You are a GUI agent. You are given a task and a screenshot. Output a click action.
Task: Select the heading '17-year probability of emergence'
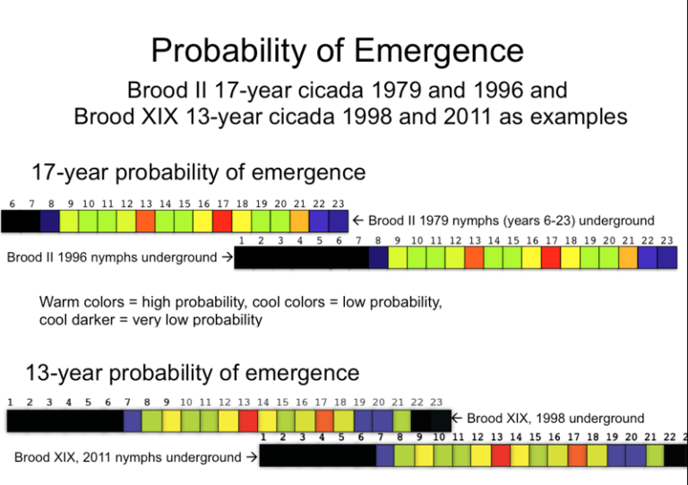(x=199, y=171)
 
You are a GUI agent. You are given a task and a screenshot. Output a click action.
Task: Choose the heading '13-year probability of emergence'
(x=193, y=372)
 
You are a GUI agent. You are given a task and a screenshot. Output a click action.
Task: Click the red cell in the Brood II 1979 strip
(x=222, y=221)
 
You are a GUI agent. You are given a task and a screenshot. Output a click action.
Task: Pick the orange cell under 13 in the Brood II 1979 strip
(x=145, y=221)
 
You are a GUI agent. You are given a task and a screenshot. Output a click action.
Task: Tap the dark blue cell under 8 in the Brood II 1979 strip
(x=50, y=221)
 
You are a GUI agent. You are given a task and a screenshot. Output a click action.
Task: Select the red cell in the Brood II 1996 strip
(x=551, y=258)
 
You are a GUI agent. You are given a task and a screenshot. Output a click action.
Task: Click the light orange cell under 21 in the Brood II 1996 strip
(x=629, y=258)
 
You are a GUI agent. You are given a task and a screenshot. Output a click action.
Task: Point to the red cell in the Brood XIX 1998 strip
(x=248, y=420)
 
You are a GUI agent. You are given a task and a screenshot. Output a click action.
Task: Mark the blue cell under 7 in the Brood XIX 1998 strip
(x=132, y=420)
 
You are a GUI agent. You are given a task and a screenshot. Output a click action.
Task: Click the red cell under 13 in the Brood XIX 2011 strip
(x=501, y=455)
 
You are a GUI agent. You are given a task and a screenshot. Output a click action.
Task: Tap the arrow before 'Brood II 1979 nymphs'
(x=357, y=221)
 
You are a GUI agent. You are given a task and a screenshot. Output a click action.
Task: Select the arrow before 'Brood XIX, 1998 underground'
(x=457, y=419)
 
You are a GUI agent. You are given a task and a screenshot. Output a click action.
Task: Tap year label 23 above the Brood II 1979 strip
(x=339, y=204)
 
